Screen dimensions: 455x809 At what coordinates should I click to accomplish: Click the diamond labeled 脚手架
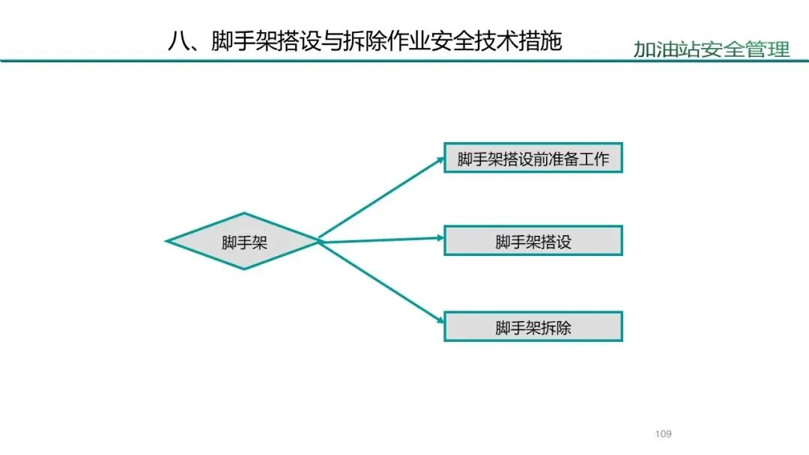click(x=244, y=241)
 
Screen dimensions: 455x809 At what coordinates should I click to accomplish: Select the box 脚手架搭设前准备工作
click(x=533, y=158)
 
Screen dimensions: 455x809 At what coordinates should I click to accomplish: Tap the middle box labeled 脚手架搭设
click(x=533, y=242)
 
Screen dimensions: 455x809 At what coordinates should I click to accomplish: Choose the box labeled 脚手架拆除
click(x=533, y=327)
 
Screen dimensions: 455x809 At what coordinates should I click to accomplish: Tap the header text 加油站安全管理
click(x=711, y=50)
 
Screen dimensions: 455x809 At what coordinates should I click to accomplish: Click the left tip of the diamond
click(x=168, y=241)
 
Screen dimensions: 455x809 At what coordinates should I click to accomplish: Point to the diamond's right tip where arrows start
click(x=319, y=240)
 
